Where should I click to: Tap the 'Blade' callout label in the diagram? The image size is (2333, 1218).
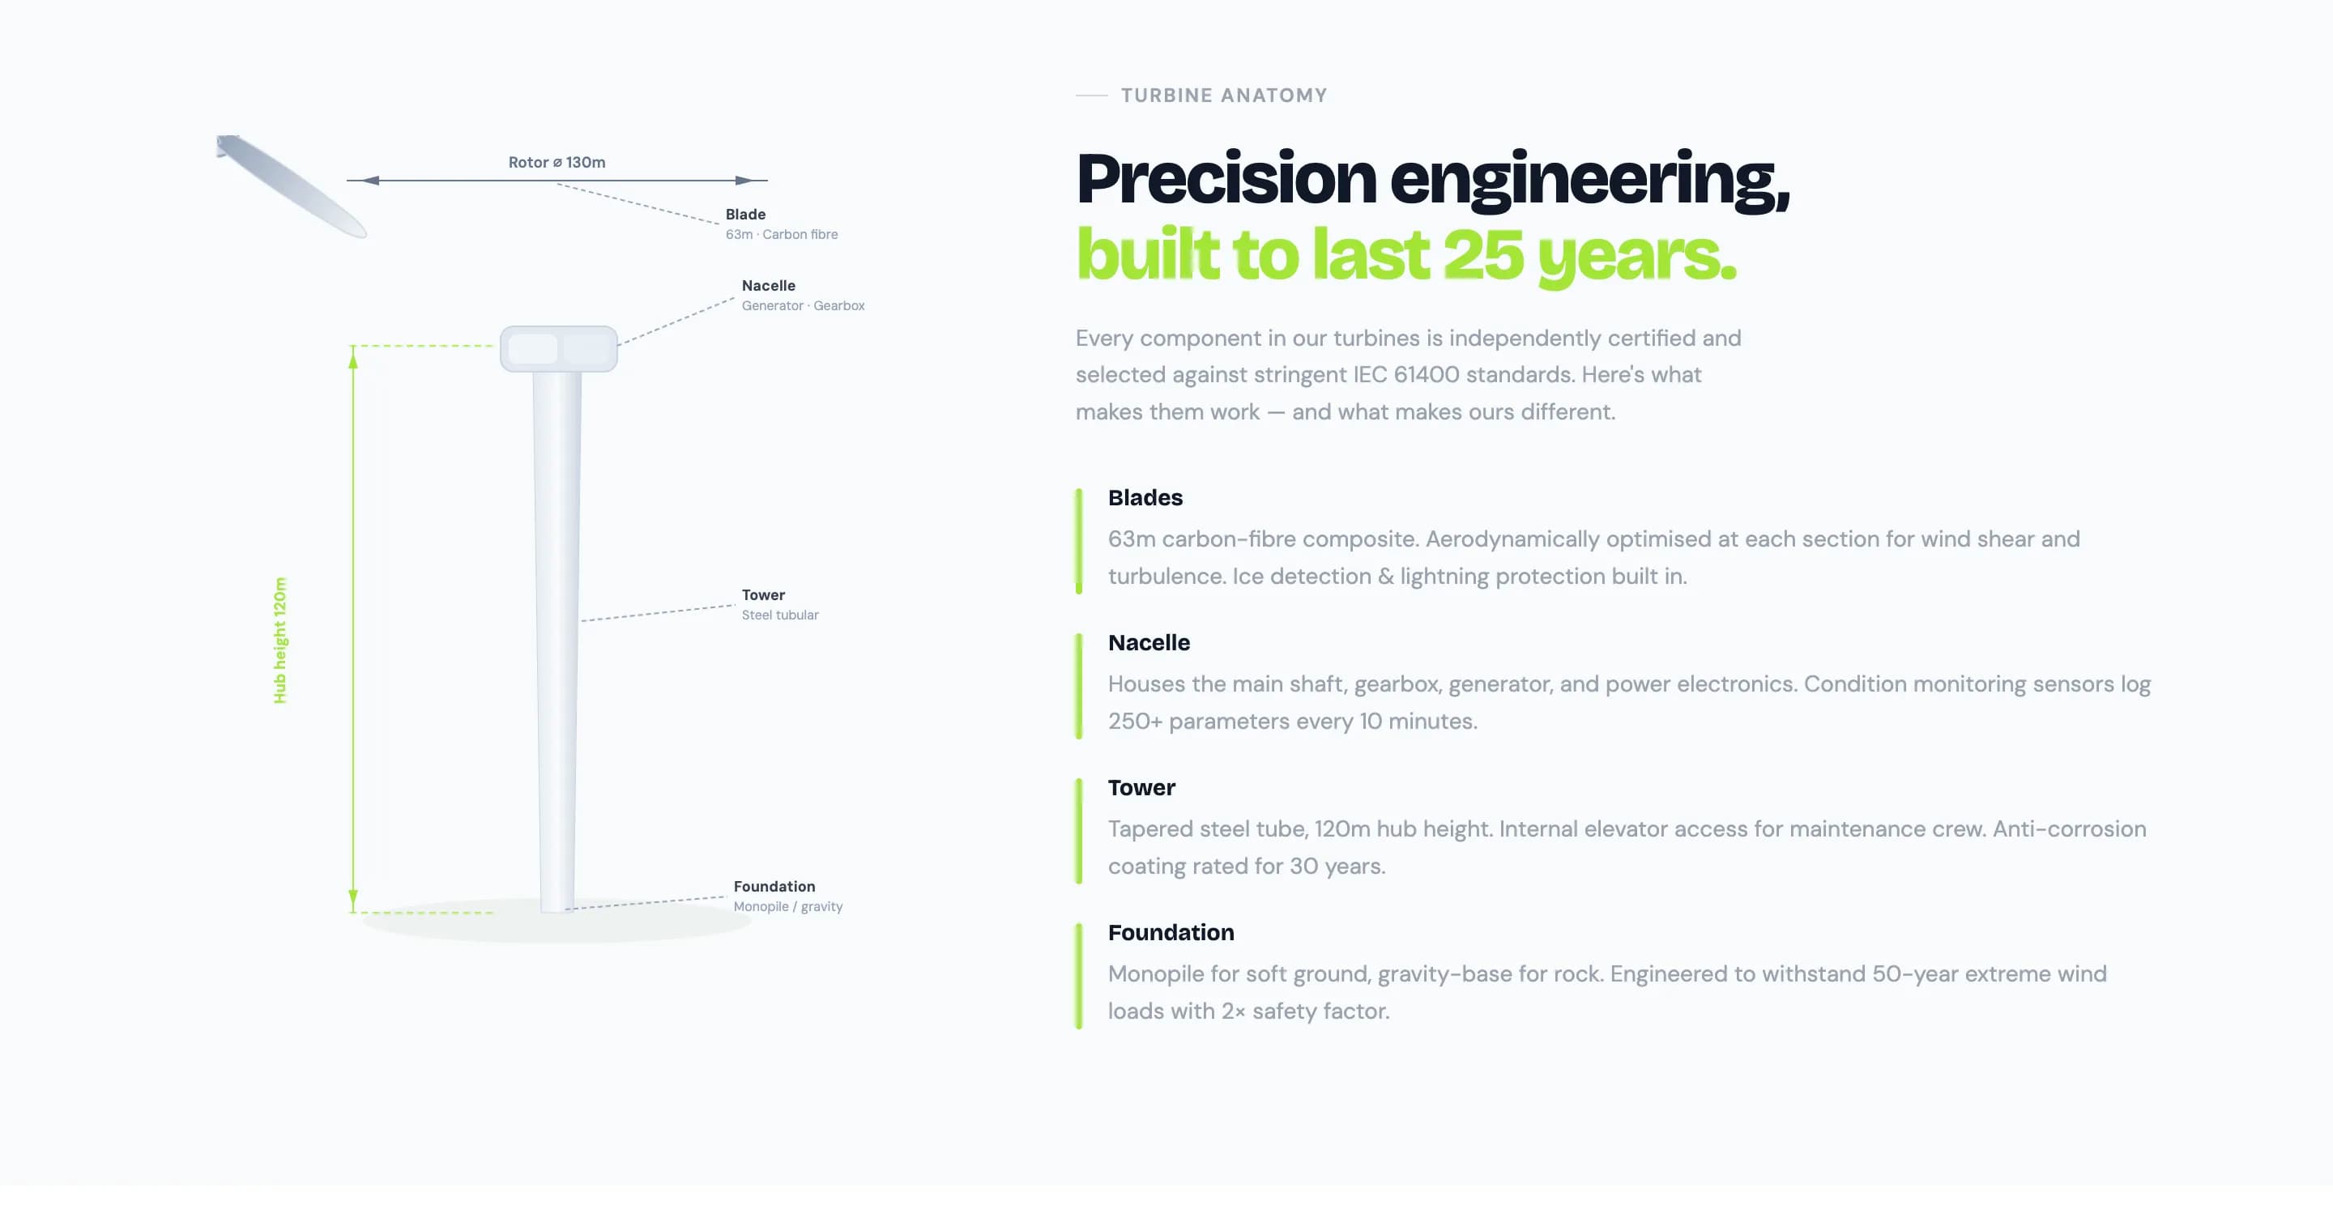point(745,215)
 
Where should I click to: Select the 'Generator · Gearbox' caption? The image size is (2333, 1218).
point(803,306)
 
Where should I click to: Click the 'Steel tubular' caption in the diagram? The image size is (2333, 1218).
point(780,615)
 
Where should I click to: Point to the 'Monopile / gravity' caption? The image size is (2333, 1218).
point(788,906)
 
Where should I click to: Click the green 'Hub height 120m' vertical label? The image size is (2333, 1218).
point(279,641)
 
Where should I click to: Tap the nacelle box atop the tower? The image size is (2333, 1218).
point(559,349)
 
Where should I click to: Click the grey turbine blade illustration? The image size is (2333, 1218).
point(292,186)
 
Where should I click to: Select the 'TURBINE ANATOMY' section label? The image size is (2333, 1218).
point(1223,95)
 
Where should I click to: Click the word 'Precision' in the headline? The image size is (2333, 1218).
point(1226,178)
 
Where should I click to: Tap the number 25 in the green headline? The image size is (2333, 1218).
point(1482,254)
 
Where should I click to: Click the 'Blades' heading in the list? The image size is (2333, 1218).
point(1145,497)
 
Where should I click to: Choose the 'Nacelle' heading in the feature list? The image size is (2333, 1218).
point(1149,642)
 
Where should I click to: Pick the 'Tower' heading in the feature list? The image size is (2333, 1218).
point(1141,787)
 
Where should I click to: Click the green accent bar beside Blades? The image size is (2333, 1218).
point(1079,542)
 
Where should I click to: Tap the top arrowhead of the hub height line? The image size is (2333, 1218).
point(353,359)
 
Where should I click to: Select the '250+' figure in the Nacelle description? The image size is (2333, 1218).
point(1135,722)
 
